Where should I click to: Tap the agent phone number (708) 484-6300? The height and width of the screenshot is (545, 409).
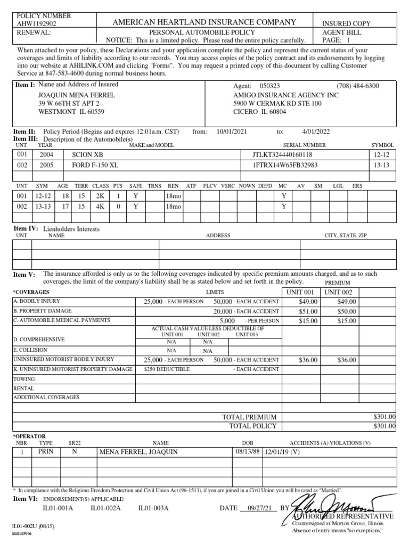pos(358,86)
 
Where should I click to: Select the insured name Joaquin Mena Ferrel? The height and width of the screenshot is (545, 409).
pos(77,95)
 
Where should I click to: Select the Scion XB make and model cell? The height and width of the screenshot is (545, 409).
pos(87,154)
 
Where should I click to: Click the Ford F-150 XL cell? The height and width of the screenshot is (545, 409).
pos(95,165)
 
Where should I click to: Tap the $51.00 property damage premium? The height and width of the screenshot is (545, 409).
pos(308,311)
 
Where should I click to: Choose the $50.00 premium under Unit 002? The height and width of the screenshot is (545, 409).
pos(346,311)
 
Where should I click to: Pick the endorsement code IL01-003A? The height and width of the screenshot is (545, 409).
pos(153,508)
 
